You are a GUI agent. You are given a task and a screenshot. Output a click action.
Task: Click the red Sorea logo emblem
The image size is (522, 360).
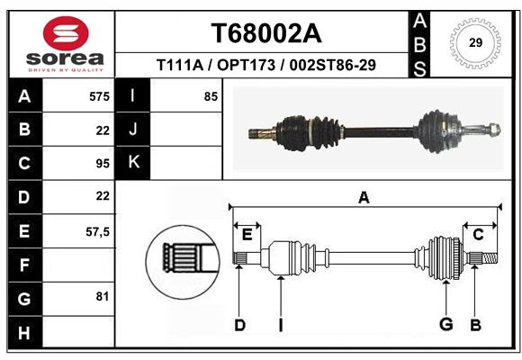(x=66, y=33)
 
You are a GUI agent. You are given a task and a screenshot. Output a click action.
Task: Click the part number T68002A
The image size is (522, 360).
(x=266, y=33)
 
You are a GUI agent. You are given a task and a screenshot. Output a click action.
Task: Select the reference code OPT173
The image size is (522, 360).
(x=247, y=65)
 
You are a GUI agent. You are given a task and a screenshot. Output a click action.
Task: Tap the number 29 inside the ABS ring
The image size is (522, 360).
(x=475, y=42)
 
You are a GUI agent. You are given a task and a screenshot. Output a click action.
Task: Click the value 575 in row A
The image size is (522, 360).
(x=99, y=96)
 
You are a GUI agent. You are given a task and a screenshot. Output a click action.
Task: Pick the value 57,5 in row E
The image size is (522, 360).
(x=97, y=231)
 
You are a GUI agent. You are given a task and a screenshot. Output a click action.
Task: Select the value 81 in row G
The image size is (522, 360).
(x=103, y=296)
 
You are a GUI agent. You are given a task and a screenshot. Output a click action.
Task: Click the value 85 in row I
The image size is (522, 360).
(x=211, y=96)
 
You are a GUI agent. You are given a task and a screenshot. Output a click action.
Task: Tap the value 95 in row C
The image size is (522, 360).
(x=103, y=164)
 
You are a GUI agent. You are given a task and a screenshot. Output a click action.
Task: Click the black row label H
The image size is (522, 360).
(x=25, y=332)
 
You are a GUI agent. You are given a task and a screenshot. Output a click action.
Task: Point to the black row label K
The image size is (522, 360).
(x=133, y=163)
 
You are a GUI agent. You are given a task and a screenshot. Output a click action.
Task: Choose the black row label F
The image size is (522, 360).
(x=25, y=265)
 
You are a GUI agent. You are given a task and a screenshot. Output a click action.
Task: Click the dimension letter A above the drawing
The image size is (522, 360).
(x=364, y=198)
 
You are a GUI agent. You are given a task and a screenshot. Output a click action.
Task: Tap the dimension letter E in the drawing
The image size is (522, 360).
(x=247, y=235)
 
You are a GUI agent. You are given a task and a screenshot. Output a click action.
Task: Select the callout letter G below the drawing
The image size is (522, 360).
(x=446, y=324)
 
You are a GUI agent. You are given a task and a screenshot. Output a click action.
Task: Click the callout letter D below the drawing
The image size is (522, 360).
(x=239, y=325)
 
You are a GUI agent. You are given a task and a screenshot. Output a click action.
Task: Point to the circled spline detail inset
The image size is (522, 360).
(x=183, y=262)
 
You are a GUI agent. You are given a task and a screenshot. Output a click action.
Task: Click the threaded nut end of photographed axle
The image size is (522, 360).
(x=494, y=130)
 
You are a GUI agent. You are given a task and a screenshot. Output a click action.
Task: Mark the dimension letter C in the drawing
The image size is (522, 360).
(x=478, y=235)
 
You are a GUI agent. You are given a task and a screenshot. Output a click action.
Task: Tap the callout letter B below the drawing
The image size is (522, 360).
(x=476, y=325)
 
